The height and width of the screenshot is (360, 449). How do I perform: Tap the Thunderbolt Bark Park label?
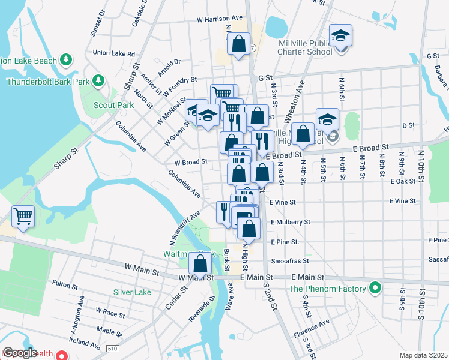47,81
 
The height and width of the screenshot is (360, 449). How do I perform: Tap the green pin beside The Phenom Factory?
375,289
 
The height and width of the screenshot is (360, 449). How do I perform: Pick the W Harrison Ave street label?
220,19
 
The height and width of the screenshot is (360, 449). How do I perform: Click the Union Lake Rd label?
114,53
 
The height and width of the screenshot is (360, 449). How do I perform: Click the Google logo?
20,353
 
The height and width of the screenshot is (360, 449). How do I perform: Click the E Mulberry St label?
290,222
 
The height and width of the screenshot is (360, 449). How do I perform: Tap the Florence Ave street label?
311,328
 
